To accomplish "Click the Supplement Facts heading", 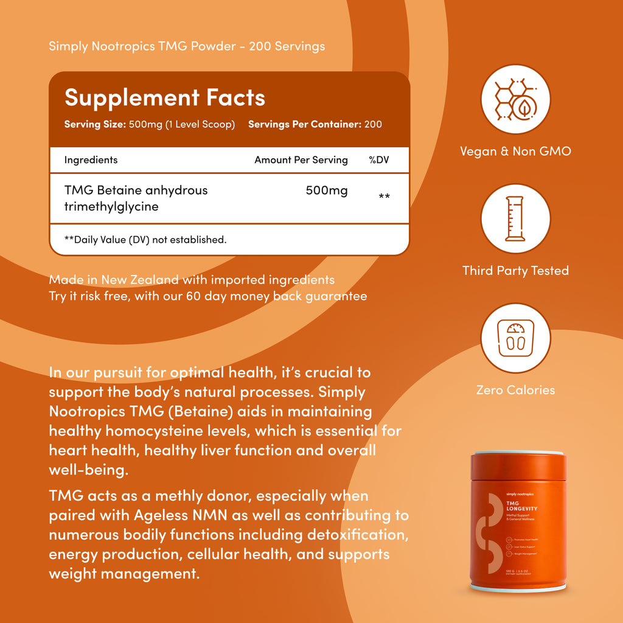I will coord(165,97).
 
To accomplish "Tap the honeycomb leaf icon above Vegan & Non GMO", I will coord(515,99).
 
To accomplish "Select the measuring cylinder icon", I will coord(515,218).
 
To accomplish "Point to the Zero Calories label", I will coord(515,390).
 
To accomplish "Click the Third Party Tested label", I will coord(515,271).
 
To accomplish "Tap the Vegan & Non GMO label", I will coord(515,151).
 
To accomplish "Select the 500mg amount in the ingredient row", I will coord(327,190).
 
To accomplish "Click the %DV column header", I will coord(378,160).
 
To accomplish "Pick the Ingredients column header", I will coord(91,160).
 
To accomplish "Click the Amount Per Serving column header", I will coord(301,160).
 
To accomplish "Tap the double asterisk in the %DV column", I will coord(384,197).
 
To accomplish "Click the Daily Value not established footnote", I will coord(145,240).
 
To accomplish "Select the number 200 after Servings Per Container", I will coord(373,124).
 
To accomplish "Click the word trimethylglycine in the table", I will coord(111,207).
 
